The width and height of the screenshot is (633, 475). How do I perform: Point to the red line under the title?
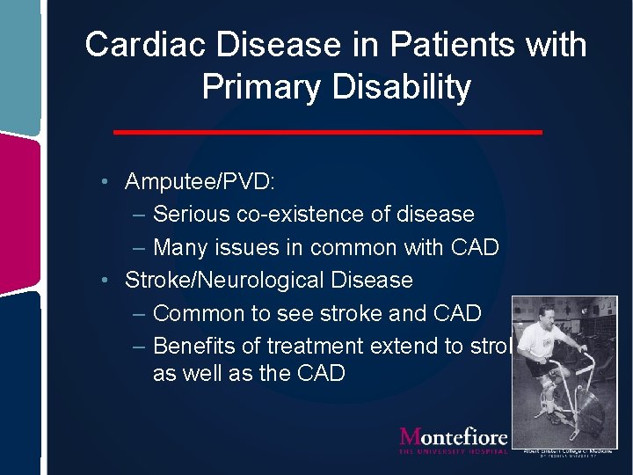[328, 132]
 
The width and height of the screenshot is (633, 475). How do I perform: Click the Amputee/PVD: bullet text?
[200, 182]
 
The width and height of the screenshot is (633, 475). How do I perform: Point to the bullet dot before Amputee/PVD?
[105, 182]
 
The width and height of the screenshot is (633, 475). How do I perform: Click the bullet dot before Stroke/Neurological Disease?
[105, 281]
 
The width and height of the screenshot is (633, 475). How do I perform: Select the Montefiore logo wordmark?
[454, 437]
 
